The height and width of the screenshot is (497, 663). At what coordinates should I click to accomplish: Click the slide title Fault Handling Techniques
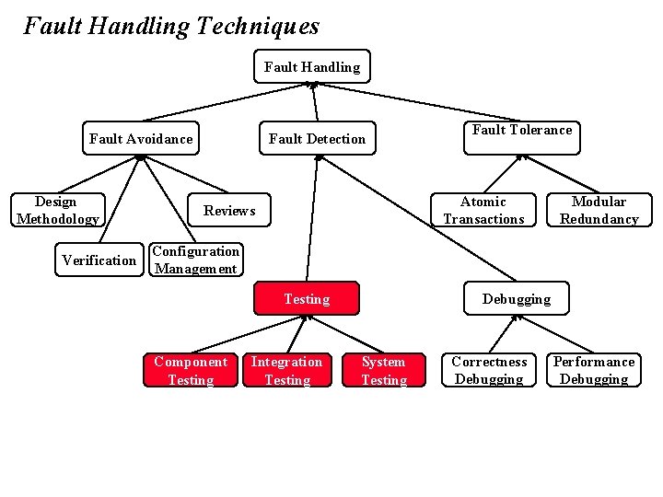click(x=171, y=26)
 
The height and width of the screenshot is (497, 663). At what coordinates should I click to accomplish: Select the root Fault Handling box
click(x=311, y=66)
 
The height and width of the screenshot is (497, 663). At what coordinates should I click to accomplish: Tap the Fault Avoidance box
click(x=141, y=139)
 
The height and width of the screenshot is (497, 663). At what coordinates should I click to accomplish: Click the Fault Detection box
click(x=317, y=139)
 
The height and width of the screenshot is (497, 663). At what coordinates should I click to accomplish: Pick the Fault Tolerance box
click(x=522, y=131)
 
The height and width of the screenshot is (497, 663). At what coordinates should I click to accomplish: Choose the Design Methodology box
click(x=56, y=210)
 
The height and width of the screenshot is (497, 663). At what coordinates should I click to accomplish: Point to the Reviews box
click(x=229, y=211)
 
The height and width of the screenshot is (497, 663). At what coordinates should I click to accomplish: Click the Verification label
click(x=99, y=260)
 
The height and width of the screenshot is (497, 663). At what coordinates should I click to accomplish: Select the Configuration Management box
click(x=195, y=260)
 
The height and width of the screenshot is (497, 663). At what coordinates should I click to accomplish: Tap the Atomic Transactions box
click(x=483, y=210)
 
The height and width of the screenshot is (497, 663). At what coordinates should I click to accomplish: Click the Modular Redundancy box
click(x=599, y=210)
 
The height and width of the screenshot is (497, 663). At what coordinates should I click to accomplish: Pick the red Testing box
click(x=307, y=299)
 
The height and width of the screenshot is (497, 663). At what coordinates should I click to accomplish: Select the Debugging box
click(x=516, y=299)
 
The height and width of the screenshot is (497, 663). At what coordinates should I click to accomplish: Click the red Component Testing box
click(x=190, y=370)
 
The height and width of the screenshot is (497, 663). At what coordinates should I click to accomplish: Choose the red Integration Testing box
click(x=286, y=370)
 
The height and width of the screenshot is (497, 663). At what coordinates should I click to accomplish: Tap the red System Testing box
click(x=384, y=370)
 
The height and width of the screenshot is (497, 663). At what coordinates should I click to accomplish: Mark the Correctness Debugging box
click(x=489, y=370)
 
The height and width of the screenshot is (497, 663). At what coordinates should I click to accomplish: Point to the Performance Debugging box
click(x=593, y=370)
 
